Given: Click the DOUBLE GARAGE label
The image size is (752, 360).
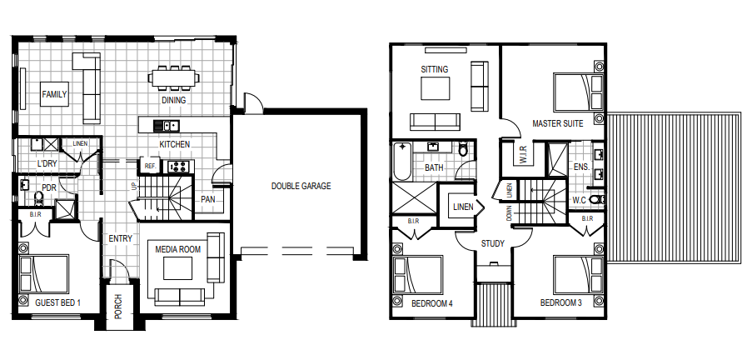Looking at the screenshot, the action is pos(301,186).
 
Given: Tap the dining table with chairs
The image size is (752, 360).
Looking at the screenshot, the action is pos(173,77).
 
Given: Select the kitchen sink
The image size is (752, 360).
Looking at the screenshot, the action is pos(166,126).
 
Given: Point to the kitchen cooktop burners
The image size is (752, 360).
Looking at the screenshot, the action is pos(178,167).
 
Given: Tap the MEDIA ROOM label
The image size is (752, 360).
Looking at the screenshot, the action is pos(178,250).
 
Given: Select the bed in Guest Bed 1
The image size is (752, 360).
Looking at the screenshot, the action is pos(43,273).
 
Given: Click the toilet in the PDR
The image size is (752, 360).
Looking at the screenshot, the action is pos(38,197).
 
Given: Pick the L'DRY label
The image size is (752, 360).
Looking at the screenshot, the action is pos(47,163).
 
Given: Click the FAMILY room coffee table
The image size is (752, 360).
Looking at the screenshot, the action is pos(54,94).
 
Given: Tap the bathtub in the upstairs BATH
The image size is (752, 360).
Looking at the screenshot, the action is pos(403,162).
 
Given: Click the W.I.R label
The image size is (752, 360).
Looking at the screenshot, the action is pos(523,154).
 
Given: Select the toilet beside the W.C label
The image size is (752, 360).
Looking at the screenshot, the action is pos(596,199).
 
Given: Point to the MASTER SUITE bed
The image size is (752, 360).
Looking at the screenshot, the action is pos(579,91).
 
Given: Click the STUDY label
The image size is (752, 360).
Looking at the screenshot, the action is pos(492,243).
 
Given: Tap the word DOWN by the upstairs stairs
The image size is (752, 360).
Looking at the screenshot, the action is pos(510,213).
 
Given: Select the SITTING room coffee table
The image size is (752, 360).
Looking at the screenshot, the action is pos(436,88).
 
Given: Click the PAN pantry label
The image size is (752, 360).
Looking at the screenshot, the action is pos(207,199).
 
